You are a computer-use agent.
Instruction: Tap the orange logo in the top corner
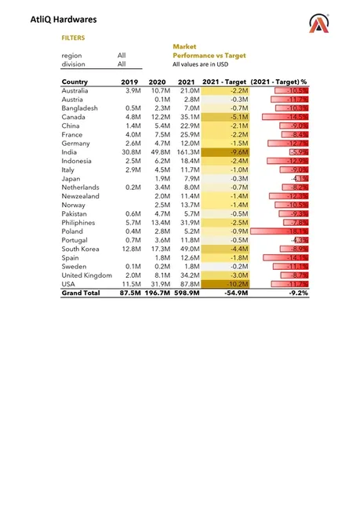(320, 25)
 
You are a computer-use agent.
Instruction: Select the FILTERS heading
(73, 37)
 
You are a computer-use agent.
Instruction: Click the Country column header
(75, 82)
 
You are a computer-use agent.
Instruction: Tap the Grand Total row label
(81, 293)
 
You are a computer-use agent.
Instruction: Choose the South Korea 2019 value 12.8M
(129, 249)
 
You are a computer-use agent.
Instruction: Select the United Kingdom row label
(86, 275)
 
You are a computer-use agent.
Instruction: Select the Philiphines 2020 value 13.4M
(157, 222)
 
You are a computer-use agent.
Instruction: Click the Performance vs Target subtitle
(209, 56)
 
